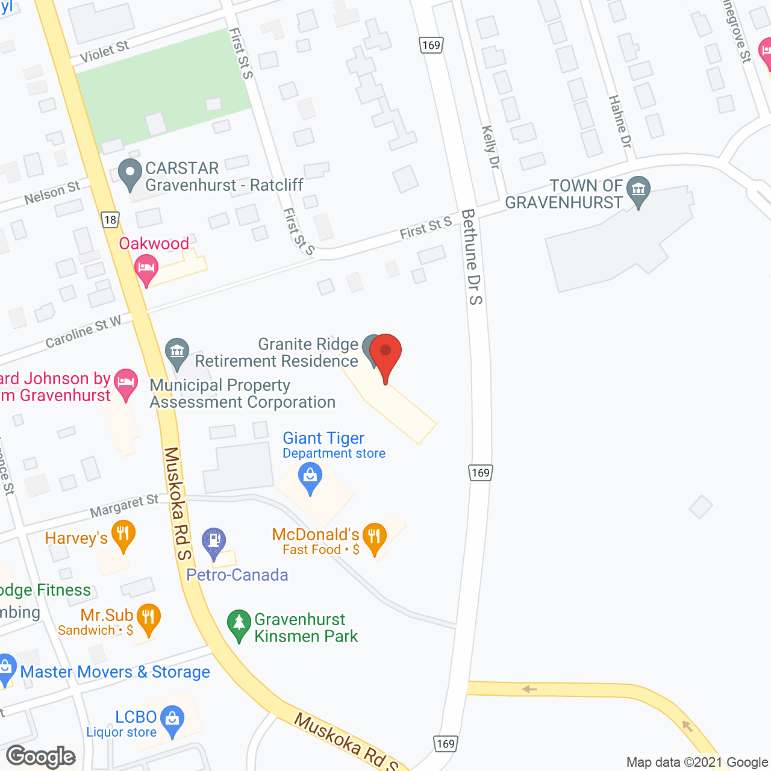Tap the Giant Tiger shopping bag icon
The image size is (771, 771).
(x=310, y=477)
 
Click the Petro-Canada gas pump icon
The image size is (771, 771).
(x=214, y=542)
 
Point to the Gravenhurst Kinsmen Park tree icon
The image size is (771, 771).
(x=239, y=625)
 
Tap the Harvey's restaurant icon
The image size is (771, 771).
(x=123, y=535)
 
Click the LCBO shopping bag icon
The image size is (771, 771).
(x=173, y=720)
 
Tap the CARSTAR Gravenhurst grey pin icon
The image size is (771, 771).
(x=130, y=173)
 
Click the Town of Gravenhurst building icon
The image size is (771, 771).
(x=638, y=190)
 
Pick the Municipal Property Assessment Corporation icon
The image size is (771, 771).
(x=177, y=352)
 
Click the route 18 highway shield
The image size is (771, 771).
(x=110, y=220)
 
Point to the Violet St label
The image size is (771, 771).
(x=104, y=52)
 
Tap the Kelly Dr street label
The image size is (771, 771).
(x=491, y=147)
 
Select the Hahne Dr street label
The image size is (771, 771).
(x=620, y=122)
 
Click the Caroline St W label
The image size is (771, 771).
(x=83, y=332)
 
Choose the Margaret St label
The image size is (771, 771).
(x=124, y=505)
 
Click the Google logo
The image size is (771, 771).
(x=41, y=757)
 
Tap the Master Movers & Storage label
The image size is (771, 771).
(x=115, y=672)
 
